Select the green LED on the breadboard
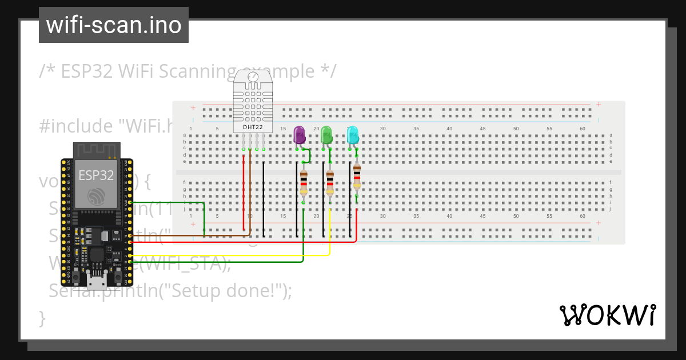tap(326, 135)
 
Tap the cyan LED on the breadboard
tap(353, 135)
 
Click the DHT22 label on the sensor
tap(253, 126)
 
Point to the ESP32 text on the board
tap(96, 175)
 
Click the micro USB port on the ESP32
tap(96, 280)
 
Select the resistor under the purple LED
tap(304, 182)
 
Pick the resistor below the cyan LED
tap(357, 175)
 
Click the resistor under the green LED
tap(330, 182)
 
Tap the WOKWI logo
tap(607, 315)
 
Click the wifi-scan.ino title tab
tap(114, 25)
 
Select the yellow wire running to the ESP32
tap(229, 255)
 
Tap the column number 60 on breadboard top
tap(582, 129)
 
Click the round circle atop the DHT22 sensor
tap(253, 76)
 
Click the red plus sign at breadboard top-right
tap(598, 105)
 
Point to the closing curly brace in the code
tap(42, 317)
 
